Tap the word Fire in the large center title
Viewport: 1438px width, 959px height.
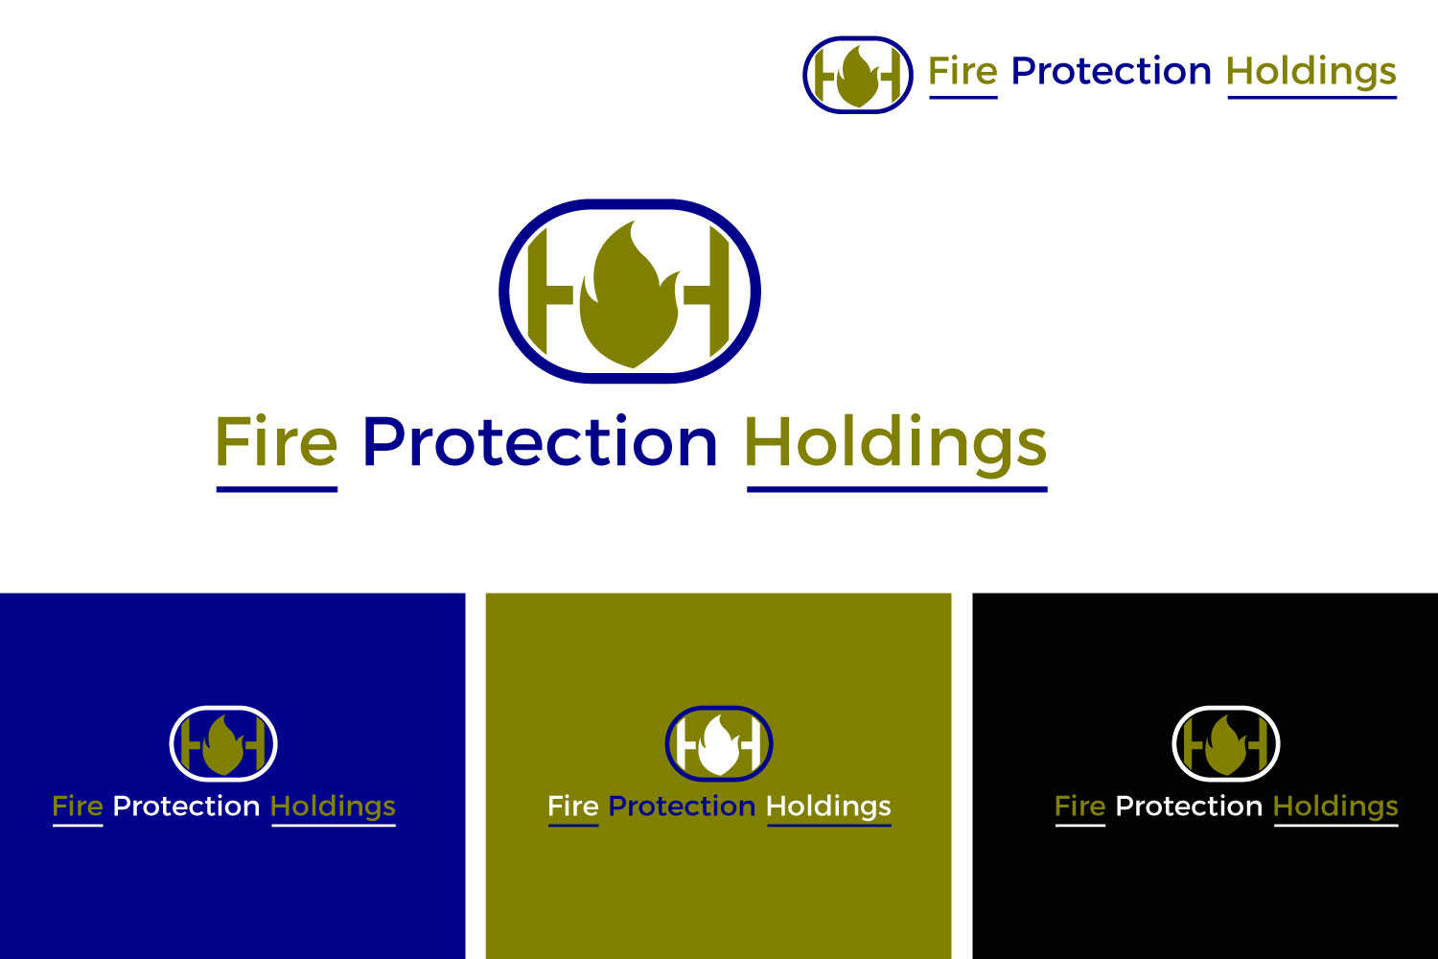tap(276, 443)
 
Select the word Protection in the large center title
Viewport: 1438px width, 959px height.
tap(540, 443)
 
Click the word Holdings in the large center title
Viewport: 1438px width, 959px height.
tap(895, 443)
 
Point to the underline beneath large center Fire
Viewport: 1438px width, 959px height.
tap(276, 489)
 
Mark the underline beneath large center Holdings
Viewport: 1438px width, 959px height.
tap(896, 489)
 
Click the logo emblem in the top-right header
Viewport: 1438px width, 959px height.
tap(857, 75)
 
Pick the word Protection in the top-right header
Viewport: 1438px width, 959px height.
tap(1111, 72)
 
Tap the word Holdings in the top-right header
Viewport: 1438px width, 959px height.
tap(1310, 72)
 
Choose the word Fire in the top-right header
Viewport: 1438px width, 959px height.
tap(963, 72)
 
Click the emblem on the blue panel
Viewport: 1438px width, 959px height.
tap(223, 743)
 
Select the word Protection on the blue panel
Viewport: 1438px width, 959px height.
tap(186, 807)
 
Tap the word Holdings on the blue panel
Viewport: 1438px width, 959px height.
tap(333, 807)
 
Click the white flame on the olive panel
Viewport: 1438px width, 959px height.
tap(719, 747)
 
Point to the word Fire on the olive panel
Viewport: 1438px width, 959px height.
tap(572, 807)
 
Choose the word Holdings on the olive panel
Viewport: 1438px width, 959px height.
tap(828, 807)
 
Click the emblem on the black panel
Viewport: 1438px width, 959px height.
tap(1226, 743)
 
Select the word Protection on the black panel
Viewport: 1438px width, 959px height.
tap(1189, 807)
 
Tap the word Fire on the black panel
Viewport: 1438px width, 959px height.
tap(1079, 807)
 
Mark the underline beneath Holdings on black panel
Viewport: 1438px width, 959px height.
tap(1335, 825)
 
